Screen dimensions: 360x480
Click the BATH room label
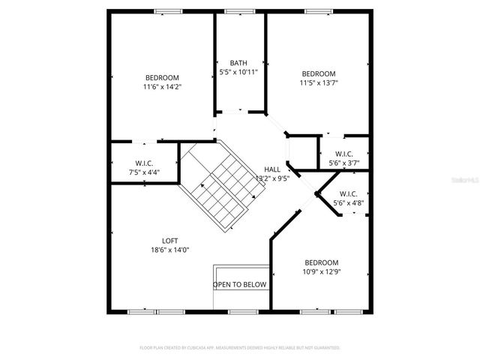pos(238,63)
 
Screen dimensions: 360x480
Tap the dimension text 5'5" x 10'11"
pos(238,72)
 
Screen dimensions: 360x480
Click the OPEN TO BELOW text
pos(240,285)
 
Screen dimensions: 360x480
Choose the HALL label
pos(271,169)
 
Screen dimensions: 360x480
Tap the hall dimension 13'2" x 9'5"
pos(272,179)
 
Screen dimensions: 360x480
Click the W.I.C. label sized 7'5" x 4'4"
pos(145,163)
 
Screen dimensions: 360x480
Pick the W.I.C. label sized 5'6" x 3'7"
pos(344,154)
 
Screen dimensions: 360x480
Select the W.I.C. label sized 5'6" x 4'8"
pos(349,193)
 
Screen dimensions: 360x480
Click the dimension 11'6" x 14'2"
pos(162,86)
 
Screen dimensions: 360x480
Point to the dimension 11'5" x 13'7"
pos(319,82)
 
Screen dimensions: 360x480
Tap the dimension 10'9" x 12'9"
pos(321,272)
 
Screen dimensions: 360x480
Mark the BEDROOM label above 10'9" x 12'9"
pos(321,262)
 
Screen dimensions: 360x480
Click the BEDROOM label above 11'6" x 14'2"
pos(162,77)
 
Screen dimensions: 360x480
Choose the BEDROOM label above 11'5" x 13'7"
pos(319,73)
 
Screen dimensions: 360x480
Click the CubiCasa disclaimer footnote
pos(240,348)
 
